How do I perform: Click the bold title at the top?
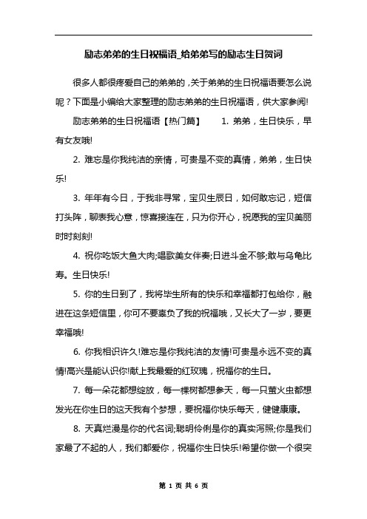click(x=183, y=55)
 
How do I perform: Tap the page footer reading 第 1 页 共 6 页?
click(x=183, y=505)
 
